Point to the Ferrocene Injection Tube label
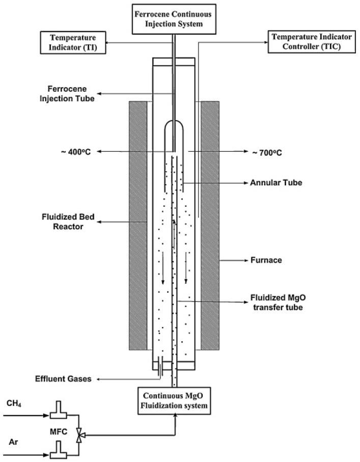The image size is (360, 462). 69,94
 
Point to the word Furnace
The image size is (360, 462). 265,260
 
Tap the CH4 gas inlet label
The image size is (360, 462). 14,404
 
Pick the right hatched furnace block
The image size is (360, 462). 210,226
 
